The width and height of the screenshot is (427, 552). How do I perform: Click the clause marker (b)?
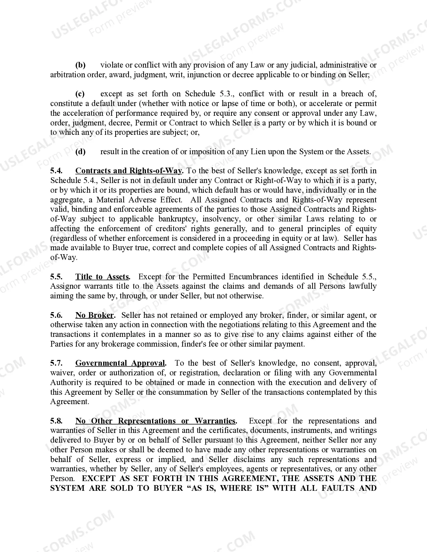(80, 65)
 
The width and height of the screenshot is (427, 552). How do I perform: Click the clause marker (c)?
(80, 94)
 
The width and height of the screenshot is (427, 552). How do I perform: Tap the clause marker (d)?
(80, 152)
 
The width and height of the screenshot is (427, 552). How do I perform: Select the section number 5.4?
(57, 171)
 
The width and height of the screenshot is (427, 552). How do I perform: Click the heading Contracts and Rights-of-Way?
(129, 171)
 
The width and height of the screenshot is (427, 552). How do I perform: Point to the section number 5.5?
(57, 277)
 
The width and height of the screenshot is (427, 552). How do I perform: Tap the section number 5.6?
(57, 315)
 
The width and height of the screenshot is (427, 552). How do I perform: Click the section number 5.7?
(57, 363)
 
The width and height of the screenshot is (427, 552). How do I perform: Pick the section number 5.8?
(57, 421)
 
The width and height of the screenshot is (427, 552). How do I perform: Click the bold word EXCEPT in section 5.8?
(99, 478)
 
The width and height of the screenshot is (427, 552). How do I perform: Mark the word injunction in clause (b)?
(204, 75)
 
